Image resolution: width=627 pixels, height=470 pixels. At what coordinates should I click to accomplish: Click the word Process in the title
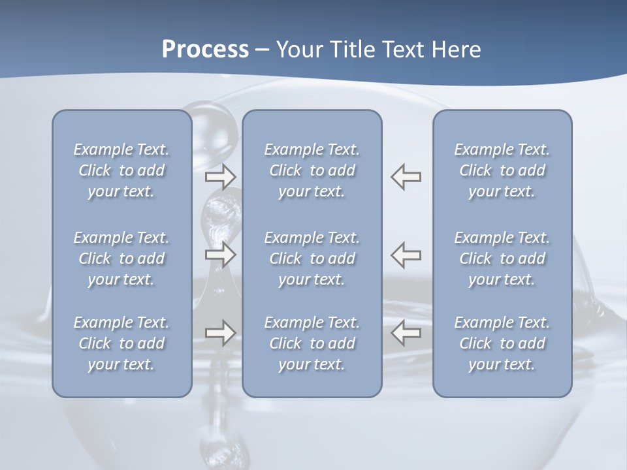(x=205, y=50)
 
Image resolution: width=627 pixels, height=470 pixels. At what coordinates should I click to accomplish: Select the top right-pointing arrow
(x=220, y=176)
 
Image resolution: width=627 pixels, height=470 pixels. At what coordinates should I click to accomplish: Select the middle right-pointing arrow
(x=220, y=255)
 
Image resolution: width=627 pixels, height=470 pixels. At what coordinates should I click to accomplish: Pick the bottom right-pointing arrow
(x=220, y=333)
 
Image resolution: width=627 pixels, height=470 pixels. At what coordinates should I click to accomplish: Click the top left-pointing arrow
(x=406, y=176)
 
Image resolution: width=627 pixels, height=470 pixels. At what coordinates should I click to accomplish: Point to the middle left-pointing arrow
(x=406, y=255)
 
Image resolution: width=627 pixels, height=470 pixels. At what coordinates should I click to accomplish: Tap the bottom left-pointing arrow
(x=406, y=333)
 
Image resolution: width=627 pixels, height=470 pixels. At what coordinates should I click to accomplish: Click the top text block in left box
(x=121, y=170)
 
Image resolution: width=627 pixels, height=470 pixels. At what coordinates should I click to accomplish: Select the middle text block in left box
(x=121, y=258)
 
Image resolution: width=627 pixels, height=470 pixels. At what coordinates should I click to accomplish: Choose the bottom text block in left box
(x=121, y=343)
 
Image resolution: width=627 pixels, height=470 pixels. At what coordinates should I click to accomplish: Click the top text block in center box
(x=312, y=170)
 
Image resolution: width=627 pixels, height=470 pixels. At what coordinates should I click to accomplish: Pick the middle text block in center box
(x=312, y=258)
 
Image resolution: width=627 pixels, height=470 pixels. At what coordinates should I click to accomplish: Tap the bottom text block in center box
(x=312, y=343)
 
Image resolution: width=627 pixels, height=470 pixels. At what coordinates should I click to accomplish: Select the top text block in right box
(x=502, y=170)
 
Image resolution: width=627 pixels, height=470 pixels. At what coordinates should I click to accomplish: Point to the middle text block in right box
(x=502, y=258)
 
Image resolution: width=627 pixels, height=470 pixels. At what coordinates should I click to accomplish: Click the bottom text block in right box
(x=502, y=343)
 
